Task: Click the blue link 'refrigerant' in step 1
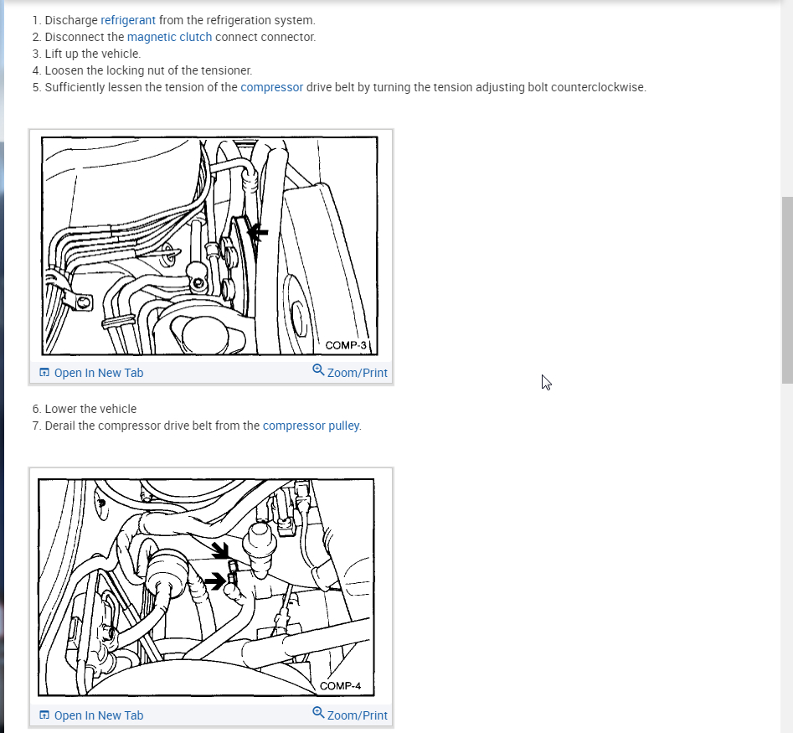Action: (x=128, y=20)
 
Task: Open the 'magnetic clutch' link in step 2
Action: (x=169, y=37)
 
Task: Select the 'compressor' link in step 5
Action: (x=271, y=87)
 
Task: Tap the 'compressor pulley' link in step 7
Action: (x=311, y=426)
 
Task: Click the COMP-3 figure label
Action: (x=346, y=345)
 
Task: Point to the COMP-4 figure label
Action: (x=340, y=686)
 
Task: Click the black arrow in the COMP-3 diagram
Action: (x=257, y=233)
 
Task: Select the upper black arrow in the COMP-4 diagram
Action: (x=220, y=550)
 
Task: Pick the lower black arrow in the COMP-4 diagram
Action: (x=215, y=581)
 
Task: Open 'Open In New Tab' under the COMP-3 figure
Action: (x=99, y=373)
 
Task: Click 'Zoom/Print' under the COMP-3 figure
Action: (x=357, y=373)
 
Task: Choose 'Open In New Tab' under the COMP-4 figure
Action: (x=99, y=715)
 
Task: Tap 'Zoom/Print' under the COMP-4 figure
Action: (x=357, y=715)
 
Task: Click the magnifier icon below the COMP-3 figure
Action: (x=318, y=370)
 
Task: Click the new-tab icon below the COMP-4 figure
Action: (x=44, y=715)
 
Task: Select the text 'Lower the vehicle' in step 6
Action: (x=90, y=409)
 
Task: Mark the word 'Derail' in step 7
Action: (x=59, y=426)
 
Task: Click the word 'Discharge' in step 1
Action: (x=71, y=20)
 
